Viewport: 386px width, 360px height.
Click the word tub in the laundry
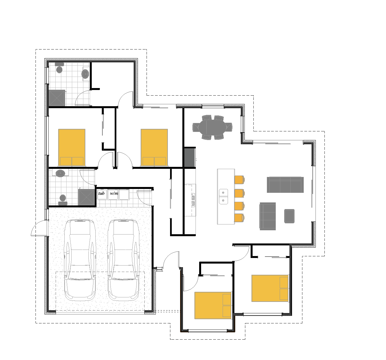pyautogui.click(x=101, y=193)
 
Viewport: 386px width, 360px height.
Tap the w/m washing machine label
pyautogui.click(x=114, y=193)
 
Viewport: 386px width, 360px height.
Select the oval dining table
pyautogui.click(x=212, y=127)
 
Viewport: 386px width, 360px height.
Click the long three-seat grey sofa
pyautogui.click(x=285, y=184)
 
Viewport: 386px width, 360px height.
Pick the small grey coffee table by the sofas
pyautogui.click(x=289, y=216)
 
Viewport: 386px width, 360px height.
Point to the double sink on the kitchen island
pyautogui.click(x=223, y=196)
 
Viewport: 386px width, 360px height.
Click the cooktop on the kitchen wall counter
pyautogui.click(x=193, y=200)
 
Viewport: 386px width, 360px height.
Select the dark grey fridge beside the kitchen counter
pyautogui.click(x=190, y=158)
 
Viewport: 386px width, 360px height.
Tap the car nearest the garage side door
pyautogui.click(x=80, y=260)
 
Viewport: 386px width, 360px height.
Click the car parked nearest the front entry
pyautogui.click(x=124, y=260)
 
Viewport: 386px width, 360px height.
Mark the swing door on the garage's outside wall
pyautogui.click(x=39, y=228)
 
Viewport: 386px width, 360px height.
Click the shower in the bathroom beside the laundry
pyautogui.click(x=86, y=197)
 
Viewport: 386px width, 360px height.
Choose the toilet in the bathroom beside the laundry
pyautogui.click(x=63, y=200)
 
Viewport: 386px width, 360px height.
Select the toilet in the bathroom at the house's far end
pyautogui.click(x=59, y=68)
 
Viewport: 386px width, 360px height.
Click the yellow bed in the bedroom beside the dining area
pyautogui.click(x=154, y=148)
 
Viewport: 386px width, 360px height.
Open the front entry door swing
pyautogui.click(x=171, y=260)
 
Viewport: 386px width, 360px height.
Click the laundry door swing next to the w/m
pyautogui.click(x=144, y=198)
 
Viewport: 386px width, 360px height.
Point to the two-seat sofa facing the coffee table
pyautogui.click(x=268, y=216)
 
